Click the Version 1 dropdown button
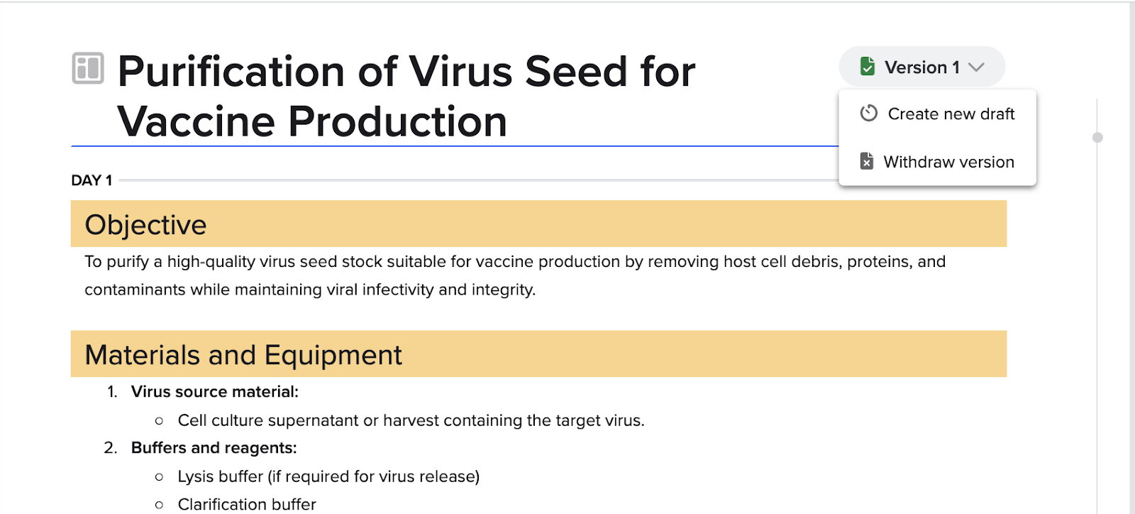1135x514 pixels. [x=921, y=67]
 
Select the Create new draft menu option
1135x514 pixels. [x=937, y=114]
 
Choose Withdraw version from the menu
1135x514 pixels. [x=937, y=162]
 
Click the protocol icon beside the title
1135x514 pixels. [x=88, y=68]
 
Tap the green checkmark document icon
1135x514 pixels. [x=868, y=67]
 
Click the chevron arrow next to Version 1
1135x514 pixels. [x=976, y=67]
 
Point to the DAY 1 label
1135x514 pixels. [x=92, y=180]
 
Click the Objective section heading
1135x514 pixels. [x=145, y=224]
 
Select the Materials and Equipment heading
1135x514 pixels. [x=243, y=354]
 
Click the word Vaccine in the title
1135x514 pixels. [x=196, y=121]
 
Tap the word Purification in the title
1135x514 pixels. [x=231, y=72]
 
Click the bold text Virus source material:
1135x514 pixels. [x=215, y=392]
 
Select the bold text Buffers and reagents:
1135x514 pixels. [x=214, y=448]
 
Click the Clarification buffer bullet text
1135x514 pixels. [x=247, y=504]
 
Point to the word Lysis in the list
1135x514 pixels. [x=195, y=476]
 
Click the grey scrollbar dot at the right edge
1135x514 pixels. [x=1097, y=137]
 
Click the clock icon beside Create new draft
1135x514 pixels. [x=868, y=113]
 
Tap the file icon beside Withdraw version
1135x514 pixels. [x=866, y=161]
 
